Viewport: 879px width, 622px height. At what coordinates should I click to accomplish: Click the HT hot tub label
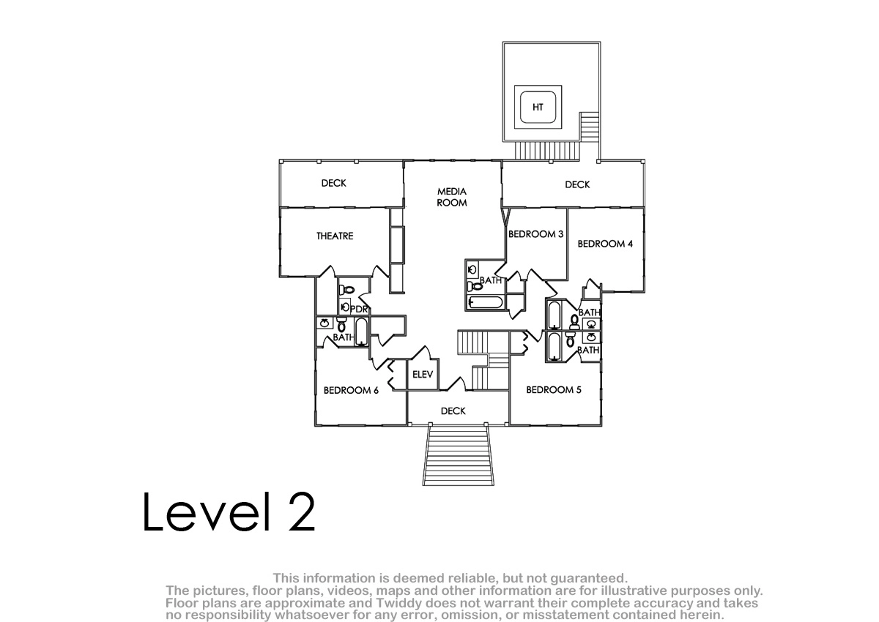click(538, 107)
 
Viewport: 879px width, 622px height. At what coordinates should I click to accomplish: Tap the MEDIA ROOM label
click(452, 197)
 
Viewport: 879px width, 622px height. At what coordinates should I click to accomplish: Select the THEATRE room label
click(335, 236)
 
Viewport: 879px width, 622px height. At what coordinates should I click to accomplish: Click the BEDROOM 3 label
click(535, 234)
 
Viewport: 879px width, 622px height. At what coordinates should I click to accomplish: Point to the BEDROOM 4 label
click(605, 244)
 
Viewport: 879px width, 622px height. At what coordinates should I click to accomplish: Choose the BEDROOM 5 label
click(553, 389)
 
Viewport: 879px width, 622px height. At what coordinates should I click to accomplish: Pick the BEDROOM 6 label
click(351, 390)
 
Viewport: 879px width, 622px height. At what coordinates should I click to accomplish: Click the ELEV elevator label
click(423, 374)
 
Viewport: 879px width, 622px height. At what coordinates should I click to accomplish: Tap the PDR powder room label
click(359, 310)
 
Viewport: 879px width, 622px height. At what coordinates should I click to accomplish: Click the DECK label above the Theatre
click(333, 183)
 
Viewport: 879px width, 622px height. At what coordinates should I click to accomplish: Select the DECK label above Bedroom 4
click(577, 184)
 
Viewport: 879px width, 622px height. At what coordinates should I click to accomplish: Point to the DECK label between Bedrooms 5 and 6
click(453, 411)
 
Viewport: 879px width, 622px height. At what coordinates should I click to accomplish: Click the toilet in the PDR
click(346, 290)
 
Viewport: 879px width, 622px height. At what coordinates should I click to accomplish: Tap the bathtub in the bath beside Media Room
click(486, 302)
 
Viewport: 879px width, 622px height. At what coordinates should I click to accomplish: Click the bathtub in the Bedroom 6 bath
click(361, 332)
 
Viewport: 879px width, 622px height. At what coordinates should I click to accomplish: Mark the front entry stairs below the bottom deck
click(459, 455)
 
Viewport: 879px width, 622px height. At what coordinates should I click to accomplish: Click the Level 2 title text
click(229, 512)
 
